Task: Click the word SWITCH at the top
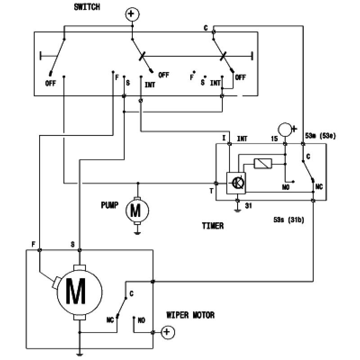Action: click(x=87, y=7)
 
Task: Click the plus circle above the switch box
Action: click(x=131, y=15)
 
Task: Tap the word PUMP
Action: click(x=110, y=205)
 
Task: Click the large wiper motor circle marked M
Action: click(x=79, y=292)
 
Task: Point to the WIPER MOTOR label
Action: click(x=190, y=315)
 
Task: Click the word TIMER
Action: click(x=212, y=226)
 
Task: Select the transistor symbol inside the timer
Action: click(x=237, y=183)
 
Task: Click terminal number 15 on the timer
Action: click(x=274, y=139)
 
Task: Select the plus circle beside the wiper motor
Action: click(x=167, y=332)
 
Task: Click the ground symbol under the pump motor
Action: click(x=137, y=233)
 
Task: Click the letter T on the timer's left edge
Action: click(x=211, y=191)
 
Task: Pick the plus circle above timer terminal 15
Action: click(x=285, y=129)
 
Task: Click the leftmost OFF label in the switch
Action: click(x=50, y=83)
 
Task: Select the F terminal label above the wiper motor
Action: click(x=34, y=244)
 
